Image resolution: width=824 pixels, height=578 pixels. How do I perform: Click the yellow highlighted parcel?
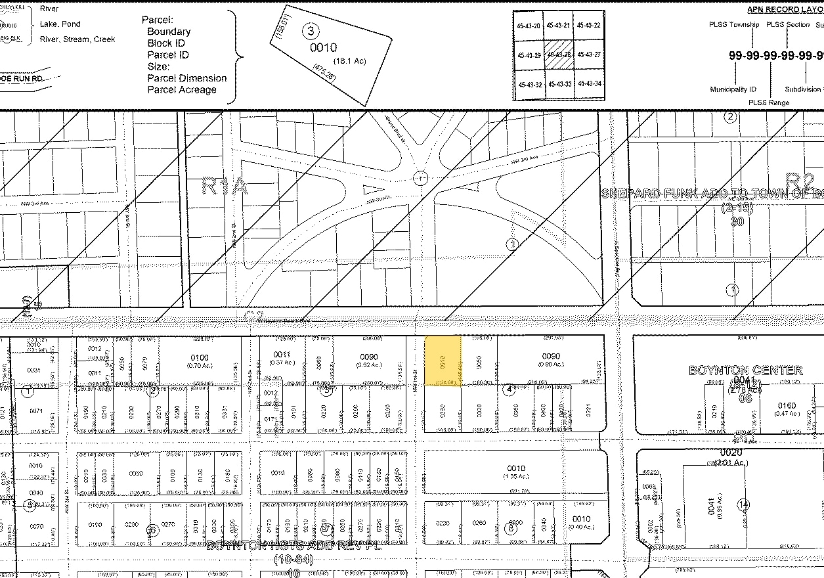(443, 361)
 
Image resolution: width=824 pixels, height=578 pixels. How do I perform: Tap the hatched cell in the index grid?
(559, 55)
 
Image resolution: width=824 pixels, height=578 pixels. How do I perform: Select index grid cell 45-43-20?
(529, 26)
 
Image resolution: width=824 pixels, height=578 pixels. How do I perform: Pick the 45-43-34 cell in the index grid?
(588, 84)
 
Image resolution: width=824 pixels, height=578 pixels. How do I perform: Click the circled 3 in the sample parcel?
(310, 30)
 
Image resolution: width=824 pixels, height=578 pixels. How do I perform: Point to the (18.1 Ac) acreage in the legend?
(349, 61)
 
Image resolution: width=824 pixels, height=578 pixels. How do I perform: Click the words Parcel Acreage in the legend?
(182, 89)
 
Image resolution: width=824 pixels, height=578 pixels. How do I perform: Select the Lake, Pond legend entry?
(60, 24)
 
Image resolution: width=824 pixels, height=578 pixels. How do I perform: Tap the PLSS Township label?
(733, 25)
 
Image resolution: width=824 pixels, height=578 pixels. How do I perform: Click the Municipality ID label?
(733, 89)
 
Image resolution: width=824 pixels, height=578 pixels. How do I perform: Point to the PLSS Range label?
(769, 102)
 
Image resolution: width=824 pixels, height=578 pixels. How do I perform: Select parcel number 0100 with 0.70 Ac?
(200, 360)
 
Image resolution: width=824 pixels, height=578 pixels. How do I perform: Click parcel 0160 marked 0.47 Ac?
(787, 409)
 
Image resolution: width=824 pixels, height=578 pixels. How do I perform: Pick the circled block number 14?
(743, 505)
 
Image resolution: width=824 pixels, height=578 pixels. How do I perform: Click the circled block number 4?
(508, 389)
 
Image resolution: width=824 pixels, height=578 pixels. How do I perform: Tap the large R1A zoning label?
(225, 187)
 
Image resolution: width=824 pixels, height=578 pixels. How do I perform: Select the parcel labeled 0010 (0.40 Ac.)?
(581, 522)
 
